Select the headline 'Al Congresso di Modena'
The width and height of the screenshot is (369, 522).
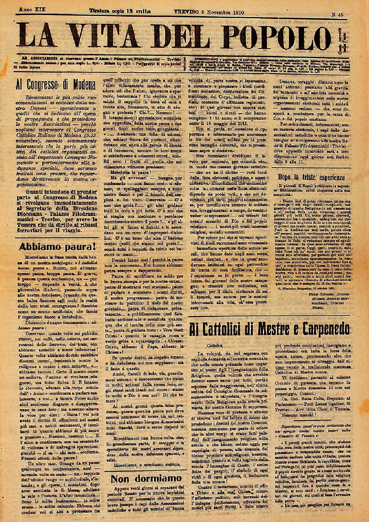click(x=56, y=85)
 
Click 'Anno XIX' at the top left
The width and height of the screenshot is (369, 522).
click(x=33, y=9)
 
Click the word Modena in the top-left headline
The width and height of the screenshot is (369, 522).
click(x=80, y=85)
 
